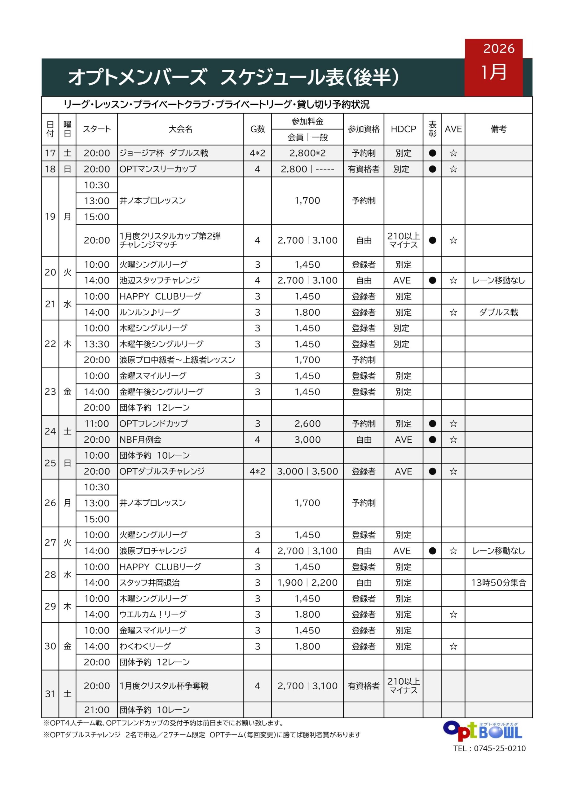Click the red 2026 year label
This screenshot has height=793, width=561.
point(498,48)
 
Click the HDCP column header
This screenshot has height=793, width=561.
point(403,129)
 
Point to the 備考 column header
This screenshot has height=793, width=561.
point(498,129)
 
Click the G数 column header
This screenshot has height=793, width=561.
point(257,129)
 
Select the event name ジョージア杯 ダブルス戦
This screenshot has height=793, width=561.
point(164,153)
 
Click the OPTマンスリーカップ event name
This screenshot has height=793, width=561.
point(158,169)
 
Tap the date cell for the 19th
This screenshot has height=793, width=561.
point(50,217)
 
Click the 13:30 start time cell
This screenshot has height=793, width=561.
point(96,344)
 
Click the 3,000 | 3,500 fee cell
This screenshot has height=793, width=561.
point(307,471)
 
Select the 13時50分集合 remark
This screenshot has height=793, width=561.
point(498,583)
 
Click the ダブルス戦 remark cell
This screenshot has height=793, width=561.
point(498,312)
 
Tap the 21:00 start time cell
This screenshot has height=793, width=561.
point(96,710)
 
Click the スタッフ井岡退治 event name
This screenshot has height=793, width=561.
point(150,583)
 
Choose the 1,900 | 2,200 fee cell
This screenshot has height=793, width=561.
point(307,583)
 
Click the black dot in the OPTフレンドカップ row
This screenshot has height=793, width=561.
point(432,424)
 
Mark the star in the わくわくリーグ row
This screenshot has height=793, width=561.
point(453,646)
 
